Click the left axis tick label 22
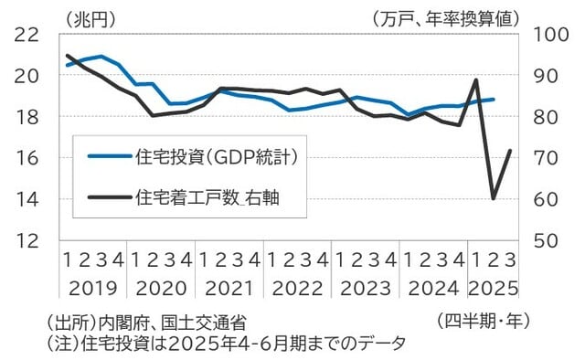(27, 35)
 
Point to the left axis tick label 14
(27, 198)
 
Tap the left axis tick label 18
(27, 117)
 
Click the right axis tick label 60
(540, 198)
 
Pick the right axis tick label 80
(540, 117)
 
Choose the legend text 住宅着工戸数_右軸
(207, 195)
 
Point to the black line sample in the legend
(108, 195)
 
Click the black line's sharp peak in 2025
(476, 80)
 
